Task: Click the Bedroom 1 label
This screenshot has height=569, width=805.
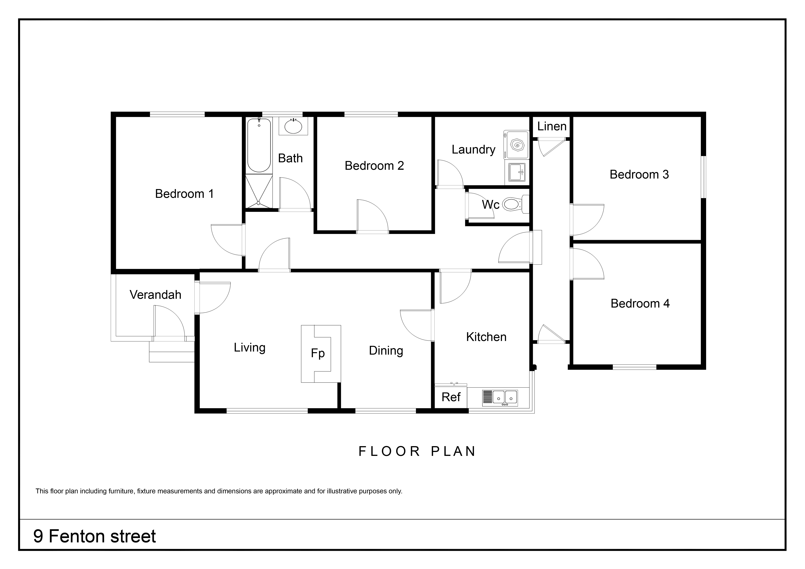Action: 184,194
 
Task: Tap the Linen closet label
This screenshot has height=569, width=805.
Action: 552,126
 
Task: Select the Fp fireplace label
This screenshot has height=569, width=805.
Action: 318,353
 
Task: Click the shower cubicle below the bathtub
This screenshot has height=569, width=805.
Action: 259,192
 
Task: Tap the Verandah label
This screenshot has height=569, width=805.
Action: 155,295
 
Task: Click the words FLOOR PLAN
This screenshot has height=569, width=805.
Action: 417,451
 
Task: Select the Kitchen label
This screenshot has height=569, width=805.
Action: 486,337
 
